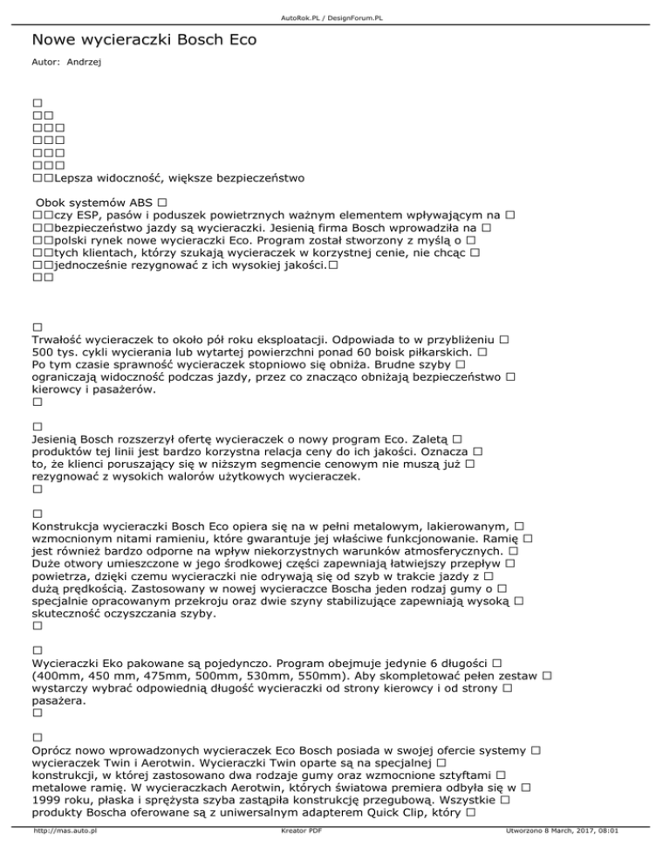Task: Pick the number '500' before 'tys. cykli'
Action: [44, 350]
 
